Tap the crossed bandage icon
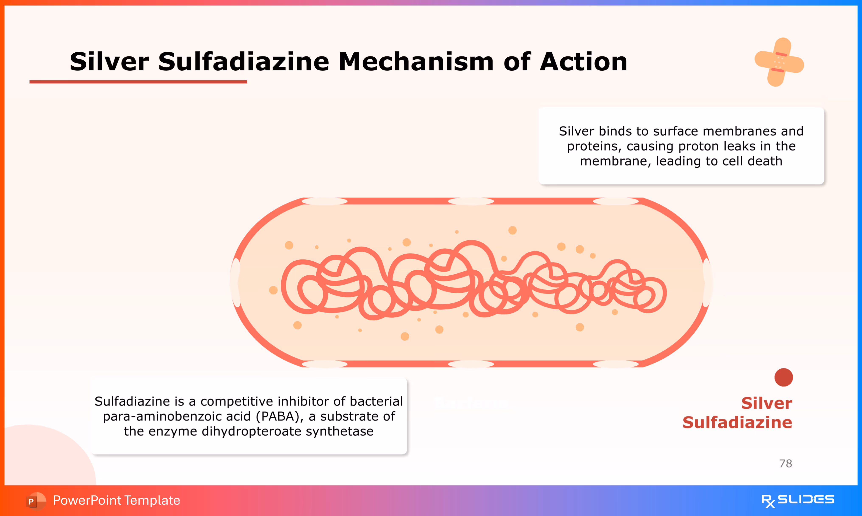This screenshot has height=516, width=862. tap(779, 62)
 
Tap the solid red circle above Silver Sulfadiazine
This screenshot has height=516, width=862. tap(784, 377)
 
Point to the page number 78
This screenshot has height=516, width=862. tap(785, 464)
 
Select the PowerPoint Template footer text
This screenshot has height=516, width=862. tap(116, 500)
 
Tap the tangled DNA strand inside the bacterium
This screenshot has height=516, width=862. tap(473, 282)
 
